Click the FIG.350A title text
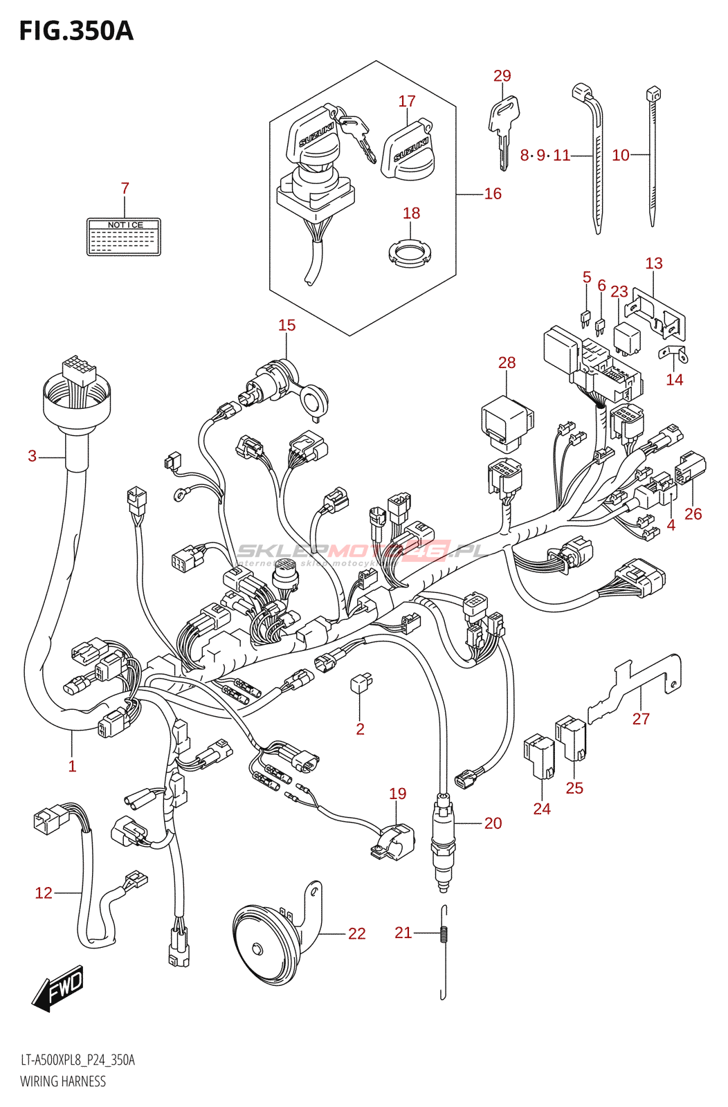(76, 31)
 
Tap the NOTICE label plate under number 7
(124, 237)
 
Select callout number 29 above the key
(502, 76)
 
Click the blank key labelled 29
(504, 128)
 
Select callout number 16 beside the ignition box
(493, 194)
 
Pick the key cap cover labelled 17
(408, 149)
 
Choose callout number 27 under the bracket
(641, 720)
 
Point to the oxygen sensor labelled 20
(442, 841)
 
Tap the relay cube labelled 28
(507, 419)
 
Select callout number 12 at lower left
(44, 893)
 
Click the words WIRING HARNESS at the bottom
(63, 1081)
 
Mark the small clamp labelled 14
(673, 354)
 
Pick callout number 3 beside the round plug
(32, 456)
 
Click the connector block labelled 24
(539, 757)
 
